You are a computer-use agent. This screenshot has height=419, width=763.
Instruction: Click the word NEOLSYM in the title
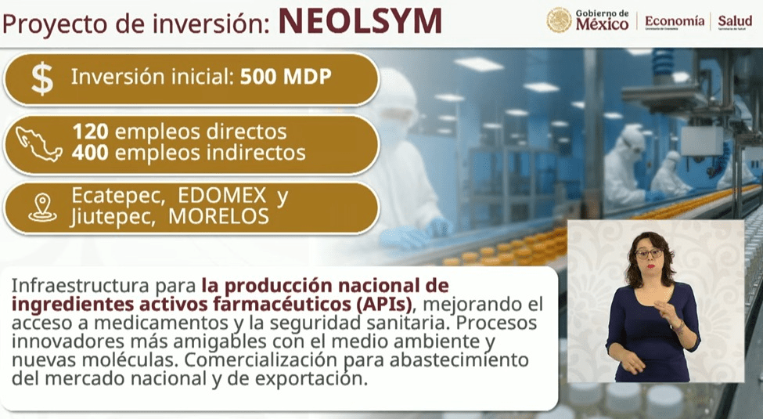360,21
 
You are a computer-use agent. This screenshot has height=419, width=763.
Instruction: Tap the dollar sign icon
42,79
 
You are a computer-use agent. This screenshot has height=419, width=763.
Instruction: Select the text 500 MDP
286,77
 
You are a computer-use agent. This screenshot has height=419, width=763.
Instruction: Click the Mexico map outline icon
39,143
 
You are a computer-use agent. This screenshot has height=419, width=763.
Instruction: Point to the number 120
91,132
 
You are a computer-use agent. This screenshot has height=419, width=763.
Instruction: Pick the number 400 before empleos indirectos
91,153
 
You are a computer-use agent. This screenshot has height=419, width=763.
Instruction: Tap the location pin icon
42,208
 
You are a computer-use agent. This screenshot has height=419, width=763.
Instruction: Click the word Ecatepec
116,197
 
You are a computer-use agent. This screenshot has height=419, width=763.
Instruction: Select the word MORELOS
218,216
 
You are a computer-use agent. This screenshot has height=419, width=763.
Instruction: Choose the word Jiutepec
113,217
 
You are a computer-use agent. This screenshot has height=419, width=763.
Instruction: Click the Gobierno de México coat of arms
559,20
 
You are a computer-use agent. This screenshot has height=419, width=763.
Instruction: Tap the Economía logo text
675,21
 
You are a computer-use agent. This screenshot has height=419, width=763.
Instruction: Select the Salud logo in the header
735,21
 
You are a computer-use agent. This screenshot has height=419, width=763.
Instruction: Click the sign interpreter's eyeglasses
648,253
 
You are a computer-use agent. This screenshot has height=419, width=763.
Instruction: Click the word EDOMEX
222,196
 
